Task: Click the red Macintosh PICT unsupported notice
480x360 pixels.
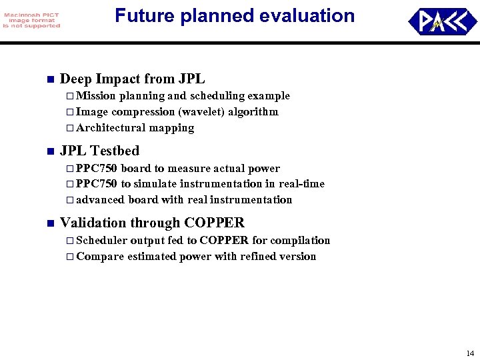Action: tap(31, 21)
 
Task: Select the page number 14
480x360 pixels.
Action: tap(470, 353)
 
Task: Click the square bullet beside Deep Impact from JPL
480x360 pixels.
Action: tap(49, 79)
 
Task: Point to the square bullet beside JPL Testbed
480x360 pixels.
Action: tap(49, 151)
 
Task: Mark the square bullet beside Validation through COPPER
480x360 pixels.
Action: tap(49, 223)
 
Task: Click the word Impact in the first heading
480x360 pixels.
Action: tap(117, 79)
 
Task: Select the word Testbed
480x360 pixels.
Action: tap(115, 151)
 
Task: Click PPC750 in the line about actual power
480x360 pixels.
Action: tap(97, 169)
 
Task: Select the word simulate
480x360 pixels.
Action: tap(156, 184)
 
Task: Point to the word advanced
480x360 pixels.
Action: tap(99, 200)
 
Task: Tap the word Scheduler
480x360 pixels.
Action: tap(102, 241)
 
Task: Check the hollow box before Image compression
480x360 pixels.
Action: tap(70, 112)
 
